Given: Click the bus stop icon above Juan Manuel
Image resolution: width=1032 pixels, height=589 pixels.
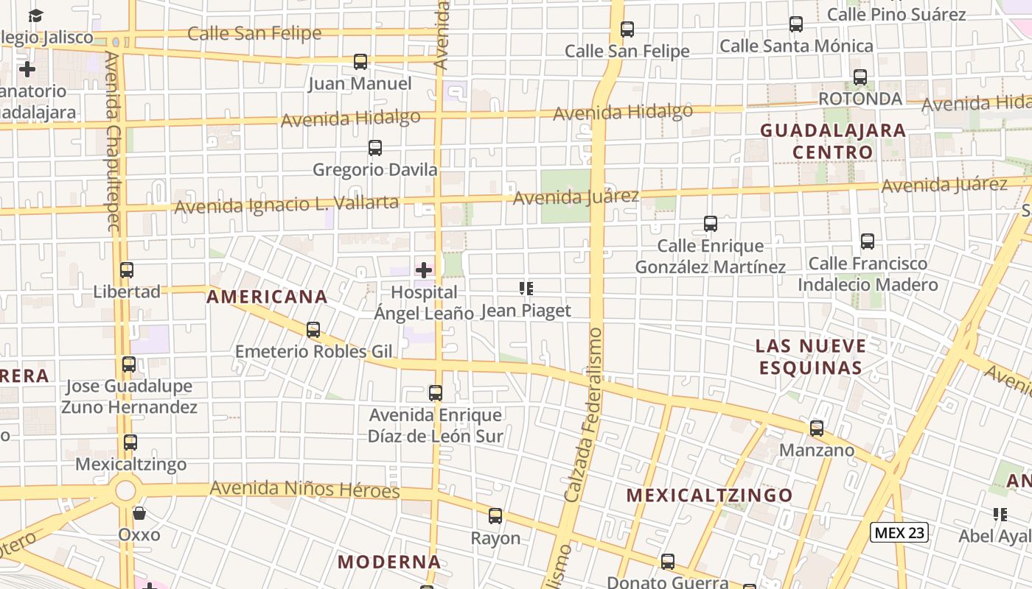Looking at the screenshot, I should click(360, 62).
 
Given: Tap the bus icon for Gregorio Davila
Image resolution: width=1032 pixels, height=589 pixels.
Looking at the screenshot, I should click(375, 148).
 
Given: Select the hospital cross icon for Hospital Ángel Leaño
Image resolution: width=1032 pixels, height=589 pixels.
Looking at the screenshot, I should click(424, 270).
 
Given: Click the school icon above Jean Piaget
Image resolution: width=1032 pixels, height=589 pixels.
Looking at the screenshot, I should click(526, 289).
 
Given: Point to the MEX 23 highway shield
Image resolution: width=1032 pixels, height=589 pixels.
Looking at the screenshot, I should click(899, 532).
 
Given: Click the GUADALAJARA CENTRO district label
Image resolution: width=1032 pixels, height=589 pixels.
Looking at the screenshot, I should click(833, 141).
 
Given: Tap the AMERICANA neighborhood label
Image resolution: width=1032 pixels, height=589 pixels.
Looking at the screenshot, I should click(267, 297).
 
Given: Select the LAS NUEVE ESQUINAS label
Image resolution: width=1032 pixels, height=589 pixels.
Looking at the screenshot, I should click(811, 356).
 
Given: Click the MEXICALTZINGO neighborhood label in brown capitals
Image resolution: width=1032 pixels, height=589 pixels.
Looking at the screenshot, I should click(709, 495).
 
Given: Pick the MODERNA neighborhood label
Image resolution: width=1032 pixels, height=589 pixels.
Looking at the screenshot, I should click(389, 562).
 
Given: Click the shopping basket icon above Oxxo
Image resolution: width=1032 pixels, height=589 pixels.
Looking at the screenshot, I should click(139, 512).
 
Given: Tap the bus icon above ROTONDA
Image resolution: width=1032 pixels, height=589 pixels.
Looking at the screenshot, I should click(860, 77).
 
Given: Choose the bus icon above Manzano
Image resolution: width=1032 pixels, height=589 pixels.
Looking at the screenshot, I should click(817, 428).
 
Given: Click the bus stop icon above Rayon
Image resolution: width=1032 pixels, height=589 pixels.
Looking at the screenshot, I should click(495, 516).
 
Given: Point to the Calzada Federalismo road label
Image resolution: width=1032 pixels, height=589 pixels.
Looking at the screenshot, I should click(584, 416).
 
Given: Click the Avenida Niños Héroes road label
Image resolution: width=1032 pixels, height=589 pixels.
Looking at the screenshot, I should click(304, 489).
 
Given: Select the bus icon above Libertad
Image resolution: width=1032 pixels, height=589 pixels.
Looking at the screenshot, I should click(127, 270).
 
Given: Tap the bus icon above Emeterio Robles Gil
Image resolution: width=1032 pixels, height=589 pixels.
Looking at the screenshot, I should click(313, 330).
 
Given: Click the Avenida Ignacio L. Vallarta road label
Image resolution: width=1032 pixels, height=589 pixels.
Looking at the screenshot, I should click(286, 204).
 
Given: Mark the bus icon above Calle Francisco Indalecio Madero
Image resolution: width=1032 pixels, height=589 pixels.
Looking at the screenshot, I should click(868, 241).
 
